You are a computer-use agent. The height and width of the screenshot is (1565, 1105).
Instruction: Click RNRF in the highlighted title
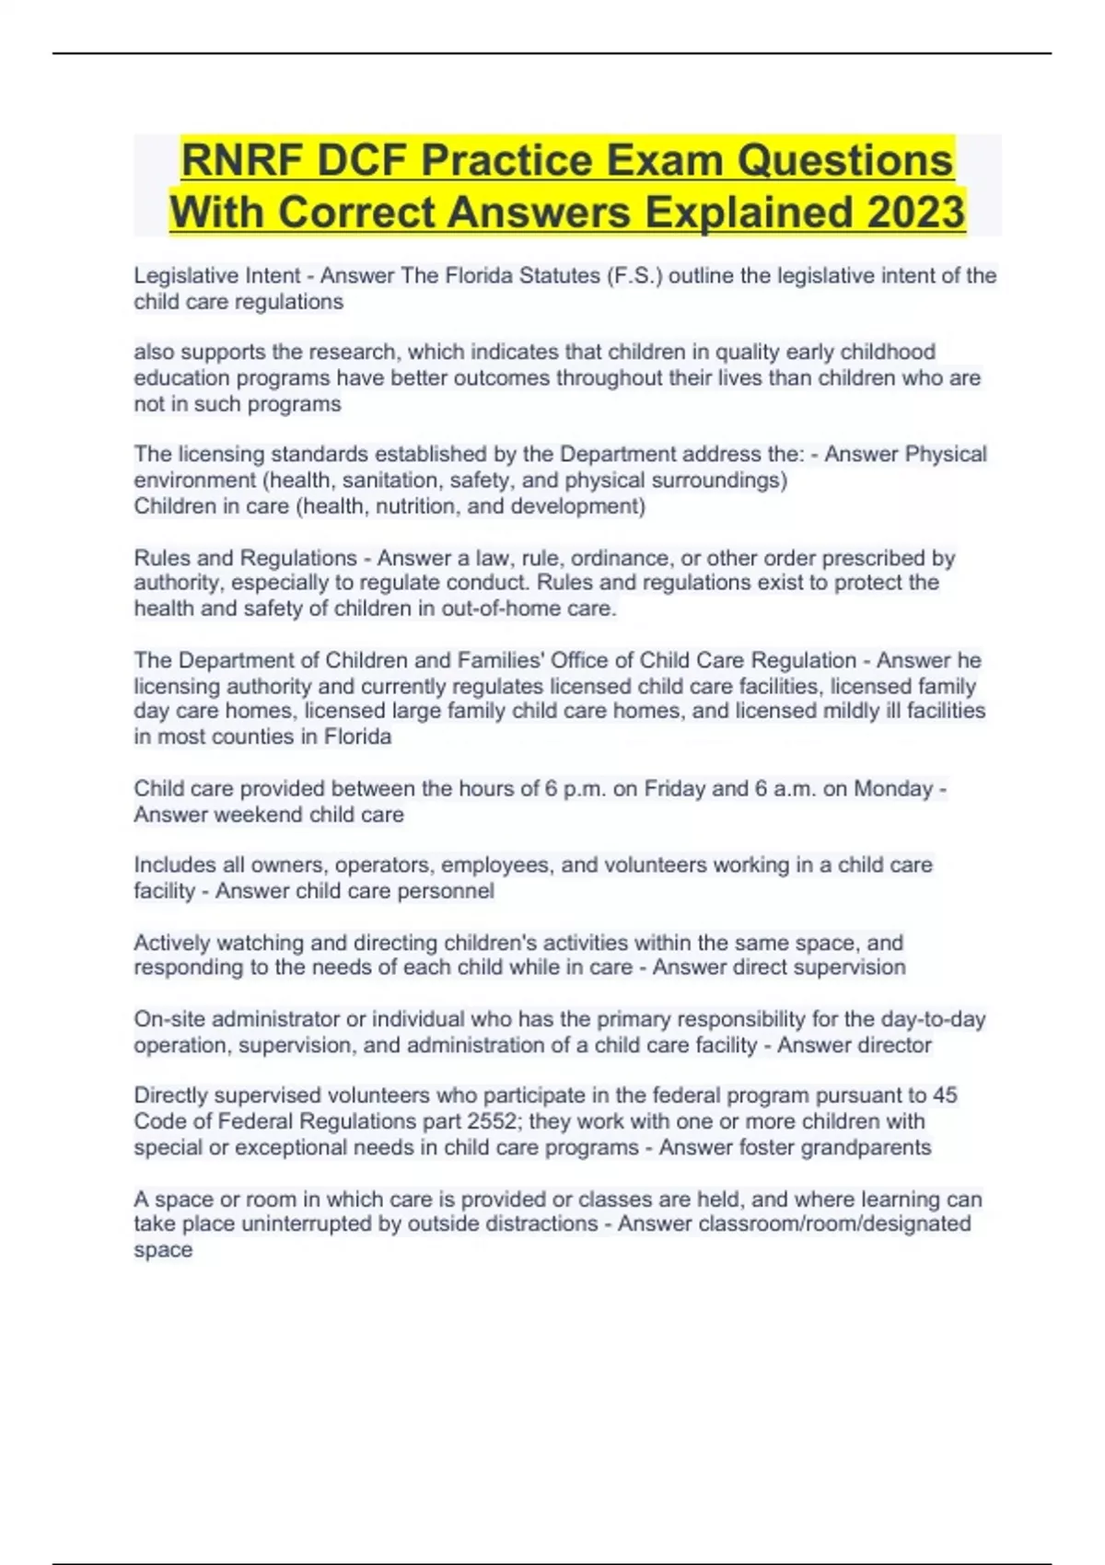tap(242, 160)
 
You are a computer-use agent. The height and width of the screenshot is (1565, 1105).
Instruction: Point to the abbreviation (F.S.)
tap(634, 275)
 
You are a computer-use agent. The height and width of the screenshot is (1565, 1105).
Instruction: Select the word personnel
tap(448, 891)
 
